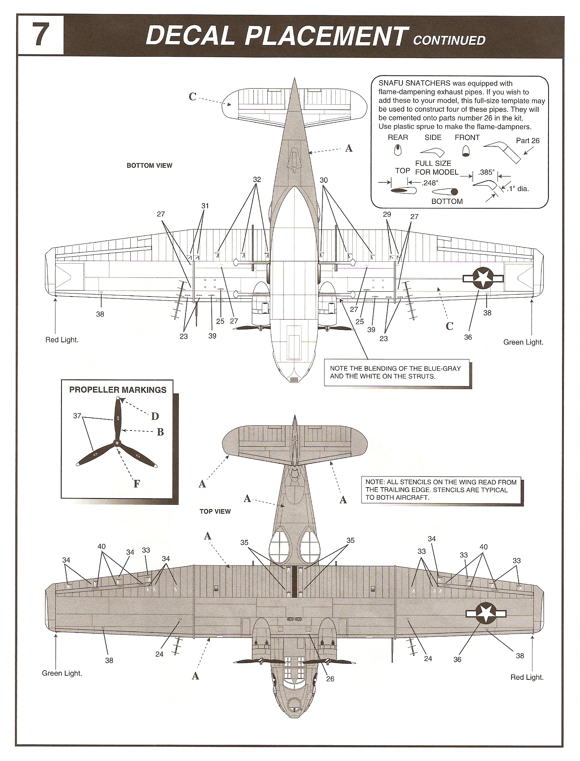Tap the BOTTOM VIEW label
point(149,165)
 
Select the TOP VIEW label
point(215,511)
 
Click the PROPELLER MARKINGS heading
point(118,390)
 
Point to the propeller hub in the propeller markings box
point(117,443)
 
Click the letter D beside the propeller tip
point(155,416)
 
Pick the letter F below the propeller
point(137,484)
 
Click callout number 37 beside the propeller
point(77,416)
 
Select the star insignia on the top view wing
point(486,613)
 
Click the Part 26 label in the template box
point(527,141)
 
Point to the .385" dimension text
point(486,172)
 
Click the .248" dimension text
point(430,183)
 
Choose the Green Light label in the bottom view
point(523,342)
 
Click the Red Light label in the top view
point(527,677)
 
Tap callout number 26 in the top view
point(330,679)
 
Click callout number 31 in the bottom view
point(205,206)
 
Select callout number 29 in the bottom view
point(387,214)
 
